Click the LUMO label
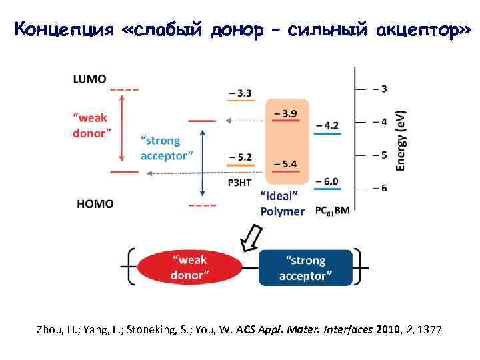[89, 79]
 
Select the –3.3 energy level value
[240, 93]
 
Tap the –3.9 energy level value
[286, 113]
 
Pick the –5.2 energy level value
[240, 157]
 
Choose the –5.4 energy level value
[286, 163]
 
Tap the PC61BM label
[332, 211]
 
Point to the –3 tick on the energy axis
[379, 89]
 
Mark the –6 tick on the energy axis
[379, 188]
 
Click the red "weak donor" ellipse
[190, 267]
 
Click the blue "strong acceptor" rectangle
[305, 267]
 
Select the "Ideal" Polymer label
[282, 204]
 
